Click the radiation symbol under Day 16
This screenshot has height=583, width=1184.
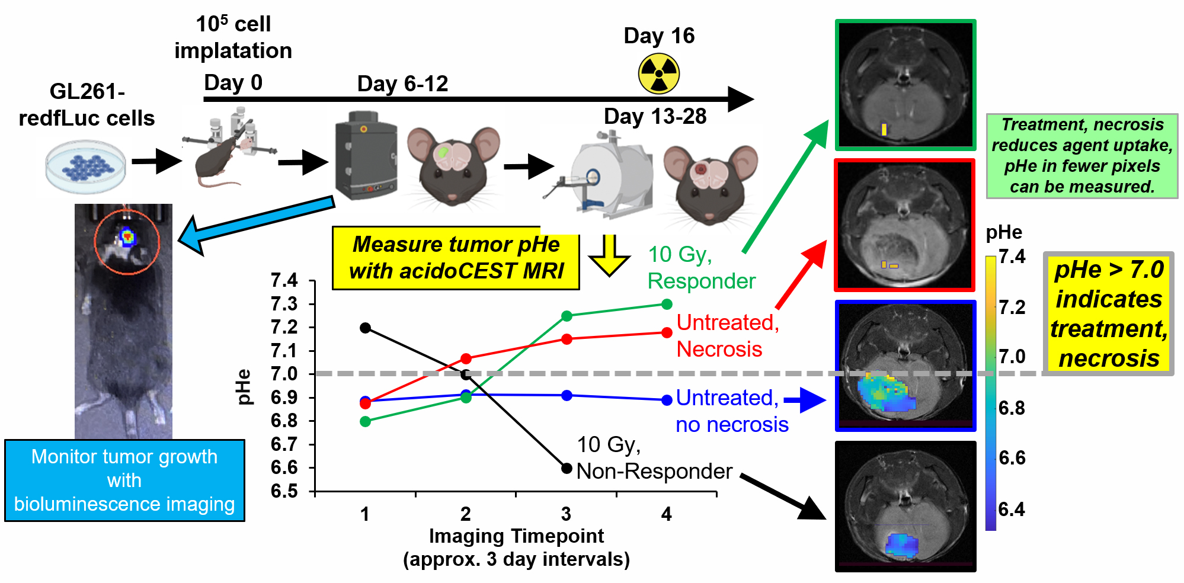[658, 74]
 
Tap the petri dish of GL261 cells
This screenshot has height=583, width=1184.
[86, 166]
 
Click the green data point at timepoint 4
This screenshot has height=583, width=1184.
[667, 304]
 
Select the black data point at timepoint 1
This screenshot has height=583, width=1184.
[365, 328]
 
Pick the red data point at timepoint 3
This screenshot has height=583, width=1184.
[567, 339]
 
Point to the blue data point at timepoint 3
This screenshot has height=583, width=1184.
[567, 395]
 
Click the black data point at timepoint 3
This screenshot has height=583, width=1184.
[567, 469]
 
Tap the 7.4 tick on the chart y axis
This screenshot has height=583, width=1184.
[284, 280]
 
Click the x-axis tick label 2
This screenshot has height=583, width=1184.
[466, 514]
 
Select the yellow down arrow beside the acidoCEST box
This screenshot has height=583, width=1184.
[609, 255]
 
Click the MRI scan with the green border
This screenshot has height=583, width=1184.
[905, 85]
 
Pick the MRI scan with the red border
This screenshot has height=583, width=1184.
[905, 225]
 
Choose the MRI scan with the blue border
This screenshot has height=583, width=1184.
[905, 366]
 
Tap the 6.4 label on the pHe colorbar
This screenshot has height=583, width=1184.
[1011, 510]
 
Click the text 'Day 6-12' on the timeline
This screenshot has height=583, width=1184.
[402, 84]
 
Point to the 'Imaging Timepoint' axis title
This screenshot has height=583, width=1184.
[516, 536]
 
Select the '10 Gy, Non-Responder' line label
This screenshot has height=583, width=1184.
[654, 458]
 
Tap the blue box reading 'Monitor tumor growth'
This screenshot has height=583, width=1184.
[124, 480]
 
